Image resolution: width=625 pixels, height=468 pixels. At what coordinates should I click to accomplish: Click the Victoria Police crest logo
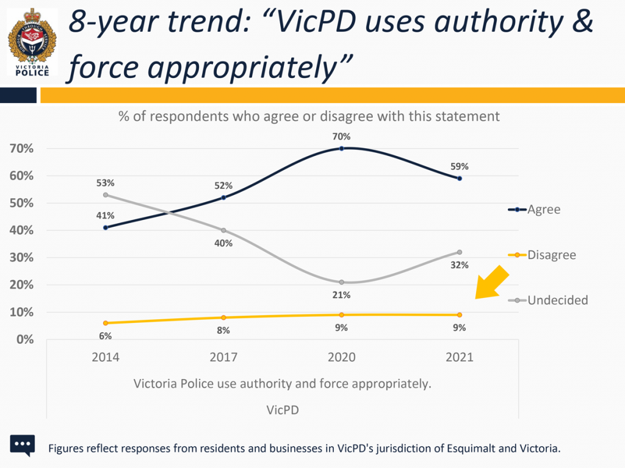coord(31,42)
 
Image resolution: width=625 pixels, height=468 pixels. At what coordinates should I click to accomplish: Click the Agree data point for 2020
coord(341,148)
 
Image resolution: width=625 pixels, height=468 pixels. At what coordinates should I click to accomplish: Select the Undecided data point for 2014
coord(106,195)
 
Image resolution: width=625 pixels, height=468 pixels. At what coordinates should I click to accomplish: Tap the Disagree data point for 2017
coord(223,317)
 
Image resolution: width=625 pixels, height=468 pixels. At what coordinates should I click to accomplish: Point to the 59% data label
coord(459,166)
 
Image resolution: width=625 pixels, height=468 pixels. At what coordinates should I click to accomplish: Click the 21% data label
coord(341,296)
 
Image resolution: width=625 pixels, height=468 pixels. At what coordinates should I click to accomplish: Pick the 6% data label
coord(106,335)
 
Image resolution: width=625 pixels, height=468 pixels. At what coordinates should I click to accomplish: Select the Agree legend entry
coord(535,210)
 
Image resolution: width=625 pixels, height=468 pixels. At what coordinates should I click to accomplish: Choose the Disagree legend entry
coord(543,255)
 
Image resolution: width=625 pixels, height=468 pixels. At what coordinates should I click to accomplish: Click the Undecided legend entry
coord(549,300)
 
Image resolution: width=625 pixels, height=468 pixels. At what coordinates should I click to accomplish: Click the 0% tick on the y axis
coord(24,339)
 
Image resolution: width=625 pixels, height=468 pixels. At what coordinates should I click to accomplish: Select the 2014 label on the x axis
coord(106,358)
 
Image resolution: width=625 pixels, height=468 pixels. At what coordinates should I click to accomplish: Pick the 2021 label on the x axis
coord(459,358)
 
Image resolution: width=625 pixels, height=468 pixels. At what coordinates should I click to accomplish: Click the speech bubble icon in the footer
coord(23,446)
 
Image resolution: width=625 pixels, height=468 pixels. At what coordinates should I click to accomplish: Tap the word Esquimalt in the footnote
coord(466,449)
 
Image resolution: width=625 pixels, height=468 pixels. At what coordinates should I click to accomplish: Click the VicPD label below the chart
coord(283,410)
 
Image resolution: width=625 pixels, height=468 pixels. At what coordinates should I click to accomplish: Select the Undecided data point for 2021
coord(459,252)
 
